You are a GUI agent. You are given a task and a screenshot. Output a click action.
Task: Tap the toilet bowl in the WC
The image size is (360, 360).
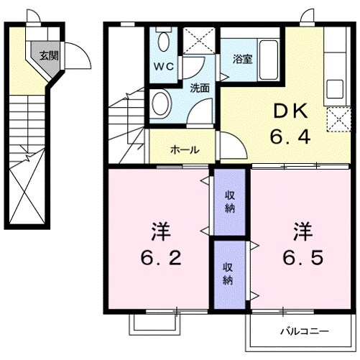(163, 40)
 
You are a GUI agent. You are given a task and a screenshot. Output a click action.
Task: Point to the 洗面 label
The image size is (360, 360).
(200, 88)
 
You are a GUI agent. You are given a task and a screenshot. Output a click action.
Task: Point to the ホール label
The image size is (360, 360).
(185, 150)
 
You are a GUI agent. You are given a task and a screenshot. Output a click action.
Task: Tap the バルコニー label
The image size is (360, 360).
(304, 331)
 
